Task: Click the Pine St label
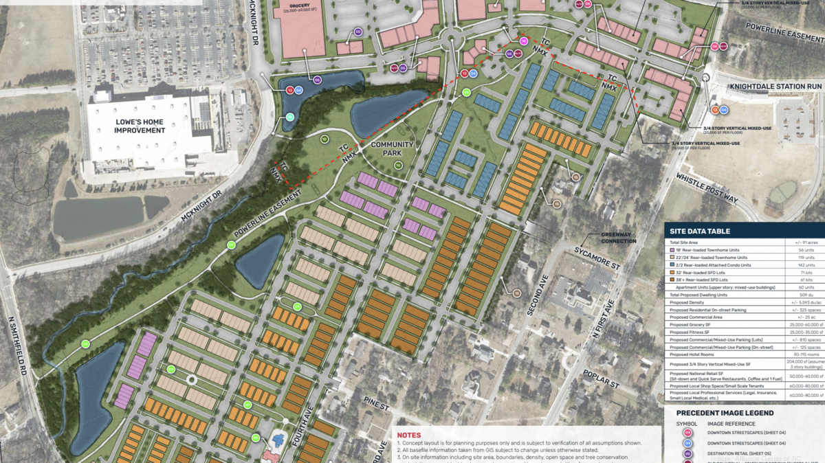coord(377,408)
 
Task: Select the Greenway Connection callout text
coord(619,238)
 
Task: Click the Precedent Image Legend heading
coord(725,413)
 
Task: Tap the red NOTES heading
coord(408,435)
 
